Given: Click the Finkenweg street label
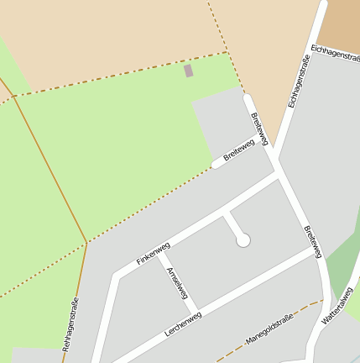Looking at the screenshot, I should pyautogui.click(x=154, y=255).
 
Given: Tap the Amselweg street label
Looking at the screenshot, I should pyautogui.click(x=182, y=288).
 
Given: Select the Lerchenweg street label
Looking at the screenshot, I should pyautogui.click(x=183, y=324).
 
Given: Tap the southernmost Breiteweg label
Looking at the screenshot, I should pyautogui.click(x=312, y=242).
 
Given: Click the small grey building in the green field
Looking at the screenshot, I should pyautogui.click(x=188, y=71).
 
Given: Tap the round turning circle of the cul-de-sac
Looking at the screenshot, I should pyautogui.click(x=243, y=240).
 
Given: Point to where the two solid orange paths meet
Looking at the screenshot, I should pyautogui.click(x=86, y=243).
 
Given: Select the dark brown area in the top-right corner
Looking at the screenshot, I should pyautogui.click(x=342, y=21).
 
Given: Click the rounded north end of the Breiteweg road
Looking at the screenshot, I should pyautogui.click(x=248, y=98).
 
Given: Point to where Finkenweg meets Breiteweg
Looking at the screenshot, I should pyautogui.click(x=278, y=176).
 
